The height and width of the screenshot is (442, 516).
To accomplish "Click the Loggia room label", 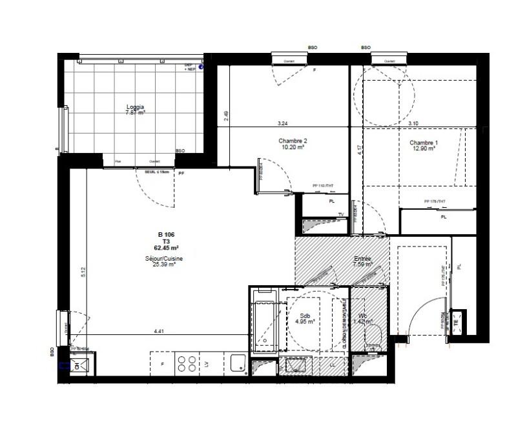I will [135, 107].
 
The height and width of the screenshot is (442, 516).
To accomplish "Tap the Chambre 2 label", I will [292, 141].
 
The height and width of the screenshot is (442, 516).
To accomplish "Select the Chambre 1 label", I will [423, 143].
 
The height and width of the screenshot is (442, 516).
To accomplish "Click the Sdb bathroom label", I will [305, 316].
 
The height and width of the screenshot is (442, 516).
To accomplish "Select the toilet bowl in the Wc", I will [373, 336].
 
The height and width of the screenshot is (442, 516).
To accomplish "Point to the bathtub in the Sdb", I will [264, 322].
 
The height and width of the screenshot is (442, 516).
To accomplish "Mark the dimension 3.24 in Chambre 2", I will [282, 123].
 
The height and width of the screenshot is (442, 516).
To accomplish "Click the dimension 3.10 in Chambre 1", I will [413, 123].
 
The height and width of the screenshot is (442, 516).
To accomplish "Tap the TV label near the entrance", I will [340, 214].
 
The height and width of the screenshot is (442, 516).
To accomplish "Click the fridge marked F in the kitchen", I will [161, 365].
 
